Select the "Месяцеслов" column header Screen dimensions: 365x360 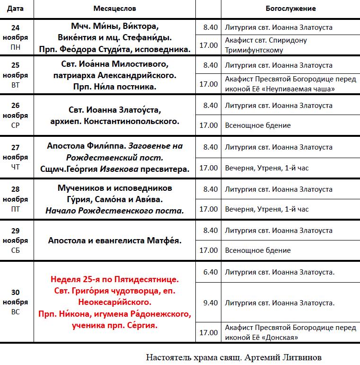pos(114,9)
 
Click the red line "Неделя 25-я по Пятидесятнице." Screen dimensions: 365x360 pos(114,280)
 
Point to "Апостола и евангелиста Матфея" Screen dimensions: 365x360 pos(114,240)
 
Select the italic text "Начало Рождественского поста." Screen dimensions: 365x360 pos(114,210)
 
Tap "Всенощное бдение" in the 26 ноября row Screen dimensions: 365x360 pos(258,125)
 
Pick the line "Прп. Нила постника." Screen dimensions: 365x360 pos(114,87)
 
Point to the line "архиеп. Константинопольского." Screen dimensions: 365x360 pos(114,121)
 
